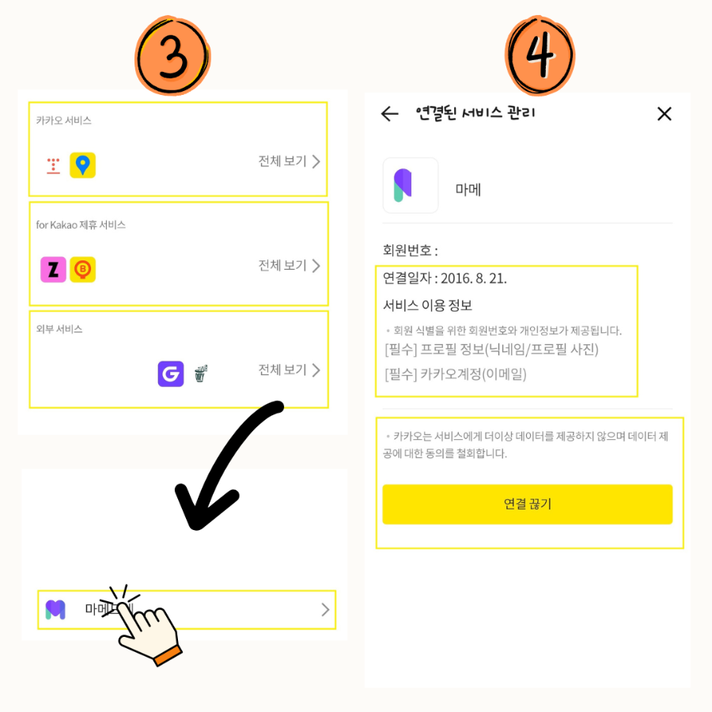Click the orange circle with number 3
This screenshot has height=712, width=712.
[x=172, y=56]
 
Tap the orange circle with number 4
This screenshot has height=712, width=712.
[x=540, y=56]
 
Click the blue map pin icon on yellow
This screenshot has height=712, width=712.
[x=82, y=165]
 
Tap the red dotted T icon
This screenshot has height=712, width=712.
[x=53, y=165]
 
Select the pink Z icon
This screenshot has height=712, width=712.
[x=53, y=270]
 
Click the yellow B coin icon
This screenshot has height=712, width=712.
[x=82, y=270]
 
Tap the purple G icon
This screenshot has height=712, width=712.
[x=170, y=373]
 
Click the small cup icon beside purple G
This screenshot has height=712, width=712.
[x=200, y=373]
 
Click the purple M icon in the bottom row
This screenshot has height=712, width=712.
[x=55, y=609]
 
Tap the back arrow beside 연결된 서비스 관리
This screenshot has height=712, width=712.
[x=389, y=114]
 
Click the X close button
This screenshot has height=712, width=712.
[x=665, y=114]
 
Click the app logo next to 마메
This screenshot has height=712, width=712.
[x=410, y=185]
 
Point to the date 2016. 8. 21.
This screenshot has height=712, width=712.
[x=473, y=278]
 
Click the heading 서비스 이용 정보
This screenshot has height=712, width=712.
[x=427, y=305]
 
